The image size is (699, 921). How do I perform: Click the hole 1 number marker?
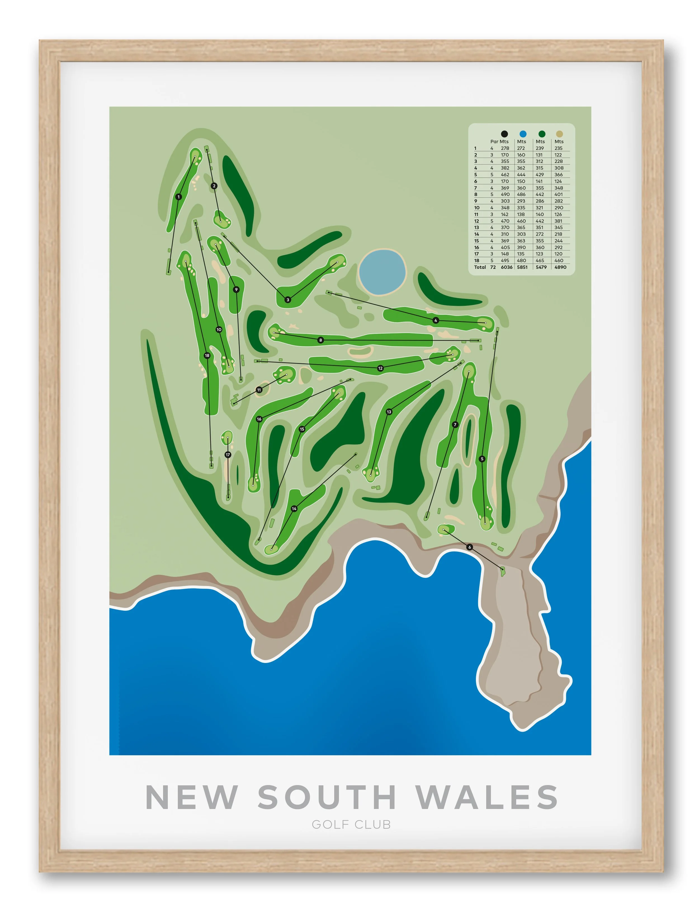pos(178,197)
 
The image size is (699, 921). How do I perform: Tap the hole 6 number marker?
pos(470,547)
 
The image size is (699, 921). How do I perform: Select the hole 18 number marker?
pos(207,356)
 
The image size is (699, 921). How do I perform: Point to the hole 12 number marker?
pos(380,368)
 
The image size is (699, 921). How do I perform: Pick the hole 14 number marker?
pos(294,508)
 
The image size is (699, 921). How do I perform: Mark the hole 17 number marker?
pos(228,455)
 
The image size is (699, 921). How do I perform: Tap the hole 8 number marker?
pos(320,340)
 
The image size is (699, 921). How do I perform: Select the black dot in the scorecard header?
pos(504,134)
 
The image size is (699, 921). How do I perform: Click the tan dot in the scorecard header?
pos(559,134)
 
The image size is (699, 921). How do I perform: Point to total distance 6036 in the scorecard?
pos(506,267)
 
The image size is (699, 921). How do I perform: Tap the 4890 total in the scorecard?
pos(560,267)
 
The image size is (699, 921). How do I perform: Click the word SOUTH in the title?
pos(327,797)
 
